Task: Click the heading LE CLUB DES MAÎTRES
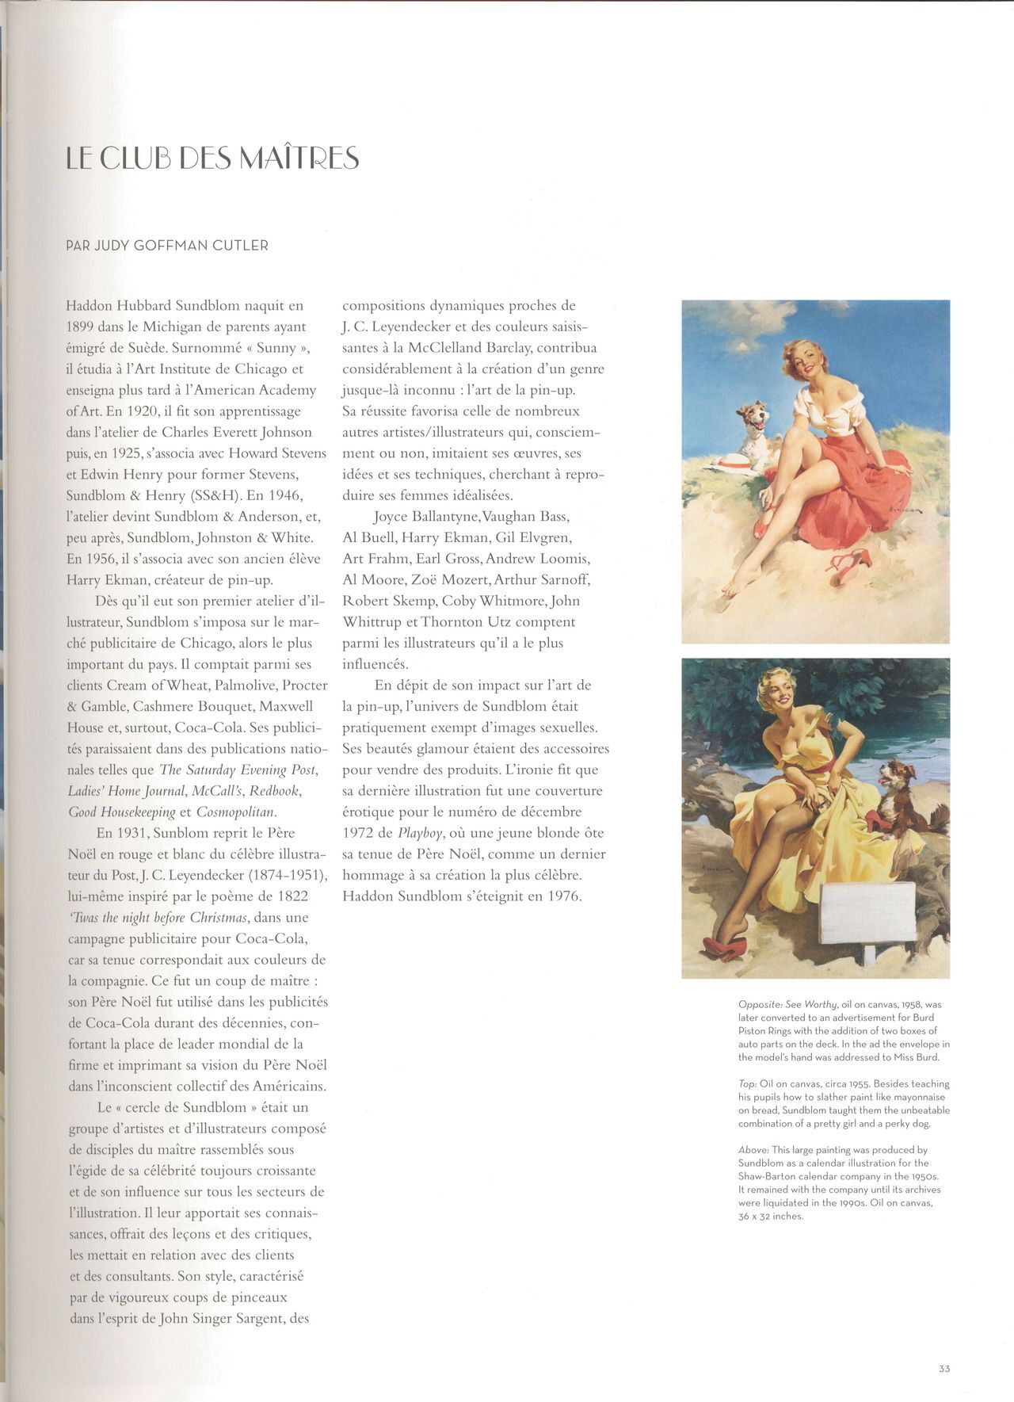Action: click(212, 158)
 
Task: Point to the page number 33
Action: click(943, 1368)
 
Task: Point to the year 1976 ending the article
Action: click(563, 896)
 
